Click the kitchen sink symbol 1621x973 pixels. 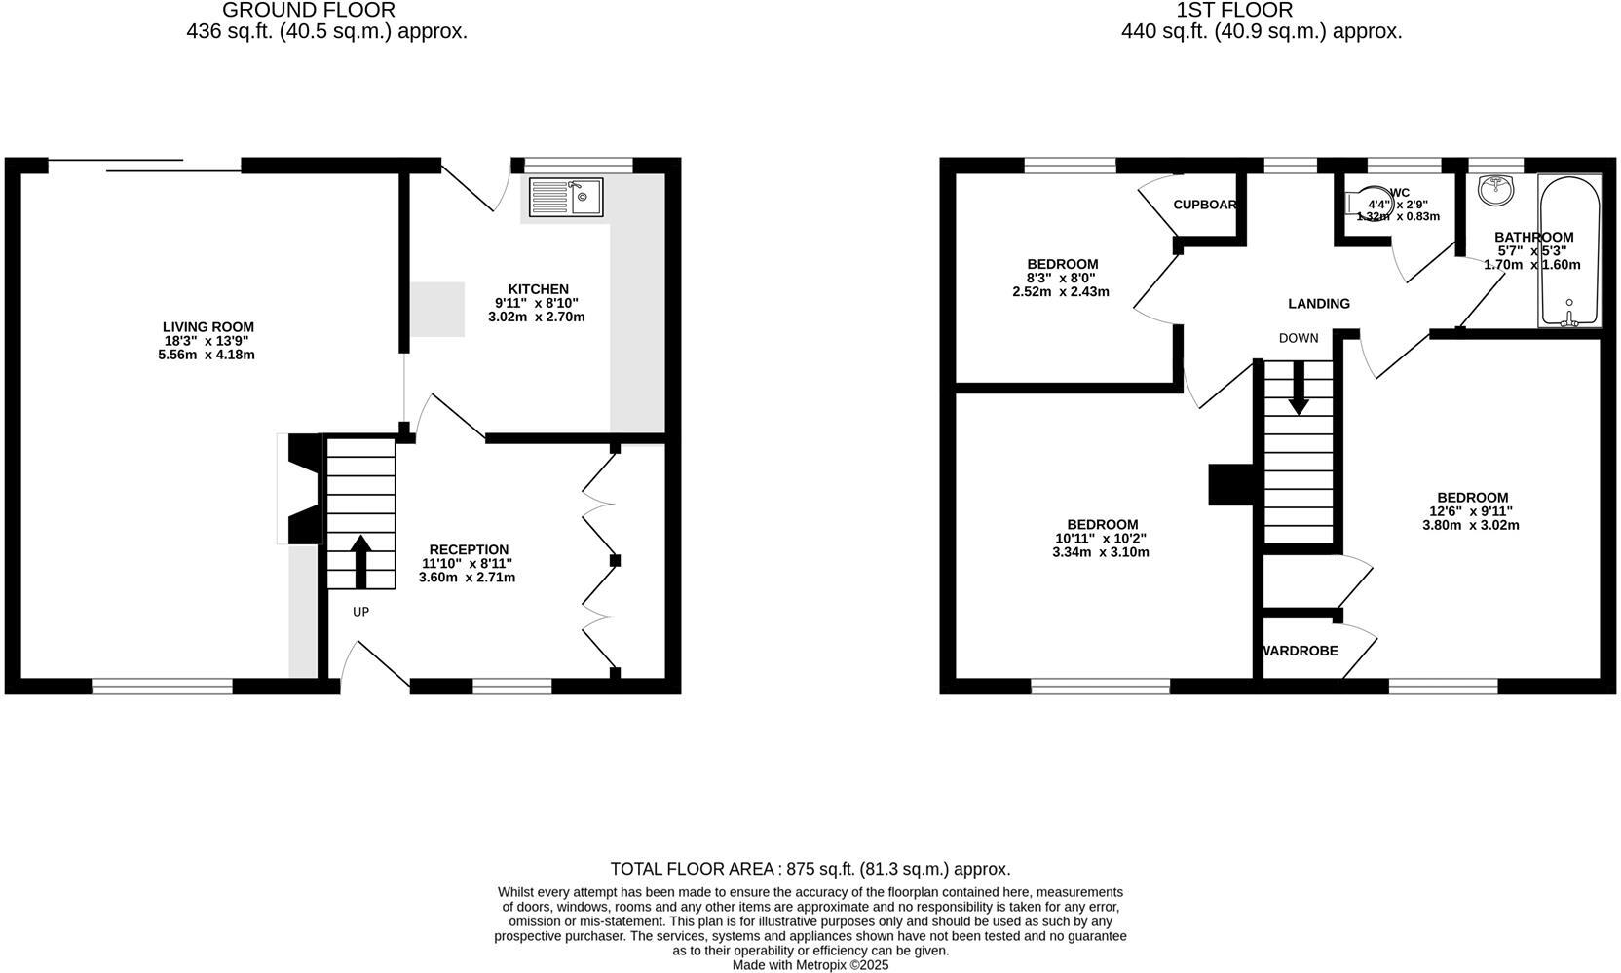[x=566, y=197]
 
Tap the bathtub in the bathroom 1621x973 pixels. [x=1568, y=251]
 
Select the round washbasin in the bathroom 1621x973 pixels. [x=1491, y=190]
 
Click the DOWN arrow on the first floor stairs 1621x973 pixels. [x=1298, y=389]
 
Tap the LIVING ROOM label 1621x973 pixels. [x=207, y=327]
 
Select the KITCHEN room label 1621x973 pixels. [x=538, y=289]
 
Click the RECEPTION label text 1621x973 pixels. [x=469, y=549]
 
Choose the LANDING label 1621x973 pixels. [x=1318, y=304]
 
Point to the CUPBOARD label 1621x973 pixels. [x=1205, y=205]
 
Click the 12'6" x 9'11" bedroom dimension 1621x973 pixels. [x=1470, y=511]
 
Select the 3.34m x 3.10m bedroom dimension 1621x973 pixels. [x=1101, y=552]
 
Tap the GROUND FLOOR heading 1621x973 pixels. [x=309, y=11]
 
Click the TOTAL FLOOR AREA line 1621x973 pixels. [x=810, y=869]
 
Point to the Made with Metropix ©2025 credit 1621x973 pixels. [x=810, y=965]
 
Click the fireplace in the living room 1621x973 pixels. [x=300, y=488]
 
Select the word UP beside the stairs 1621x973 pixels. [x=360, y=612]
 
